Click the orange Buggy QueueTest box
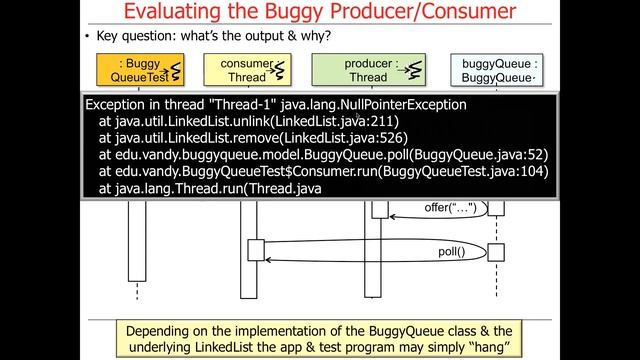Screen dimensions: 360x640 click(x=136, y=69)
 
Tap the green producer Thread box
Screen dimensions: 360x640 click(x=367, y=69)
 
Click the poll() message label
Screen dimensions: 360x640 click(x=452, y=251)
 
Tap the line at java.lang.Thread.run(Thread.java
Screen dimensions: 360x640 click(x=210, y=188)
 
